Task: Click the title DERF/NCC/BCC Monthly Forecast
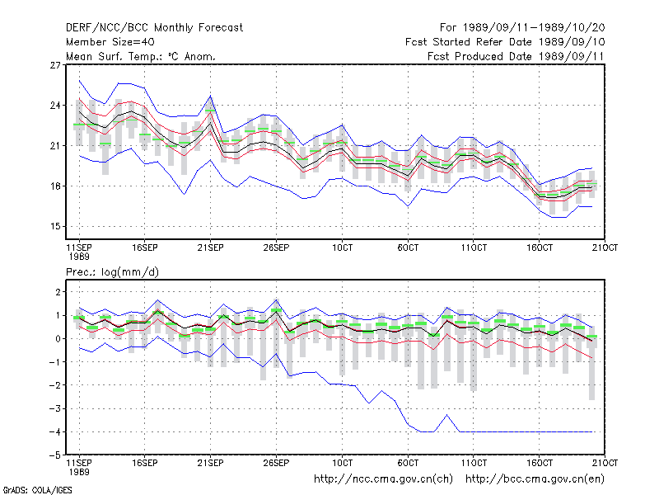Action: click(x=154, y=28)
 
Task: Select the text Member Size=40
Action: click(x=110, y=42)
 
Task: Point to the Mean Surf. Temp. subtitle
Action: click(x=141, y=56)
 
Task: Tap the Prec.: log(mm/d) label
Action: click(x=112, y=272)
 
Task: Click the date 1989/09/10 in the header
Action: click(x=572, y=42)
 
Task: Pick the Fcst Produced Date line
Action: click(x=516, y=56)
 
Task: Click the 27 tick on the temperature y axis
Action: click(x=55, y=65)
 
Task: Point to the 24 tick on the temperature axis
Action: click(x=55, y=106)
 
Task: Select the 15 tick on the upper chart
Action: click(x=55, y=226)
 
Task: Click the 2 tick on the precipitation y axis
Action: click(x=58, y=292)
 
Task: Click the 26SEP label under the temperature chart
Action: click(x=276, y=247)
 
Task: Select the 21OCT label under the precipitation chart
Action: click(x=605, y=463)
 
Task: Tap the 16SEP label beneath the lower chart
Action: click(x=145, y=463)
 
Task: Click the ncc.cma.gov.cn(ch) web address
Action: click(x=383, y=479)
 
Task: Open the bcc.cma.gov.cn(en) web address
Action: click(x=535, y=479)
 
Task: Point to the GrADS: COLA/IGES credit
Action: click(x=37, y=490)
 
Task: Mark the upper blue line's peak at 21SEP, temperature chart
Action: click(x=211, y=96)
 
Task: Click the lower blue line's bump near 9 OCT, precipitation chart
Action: click(x=446, y=415)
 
